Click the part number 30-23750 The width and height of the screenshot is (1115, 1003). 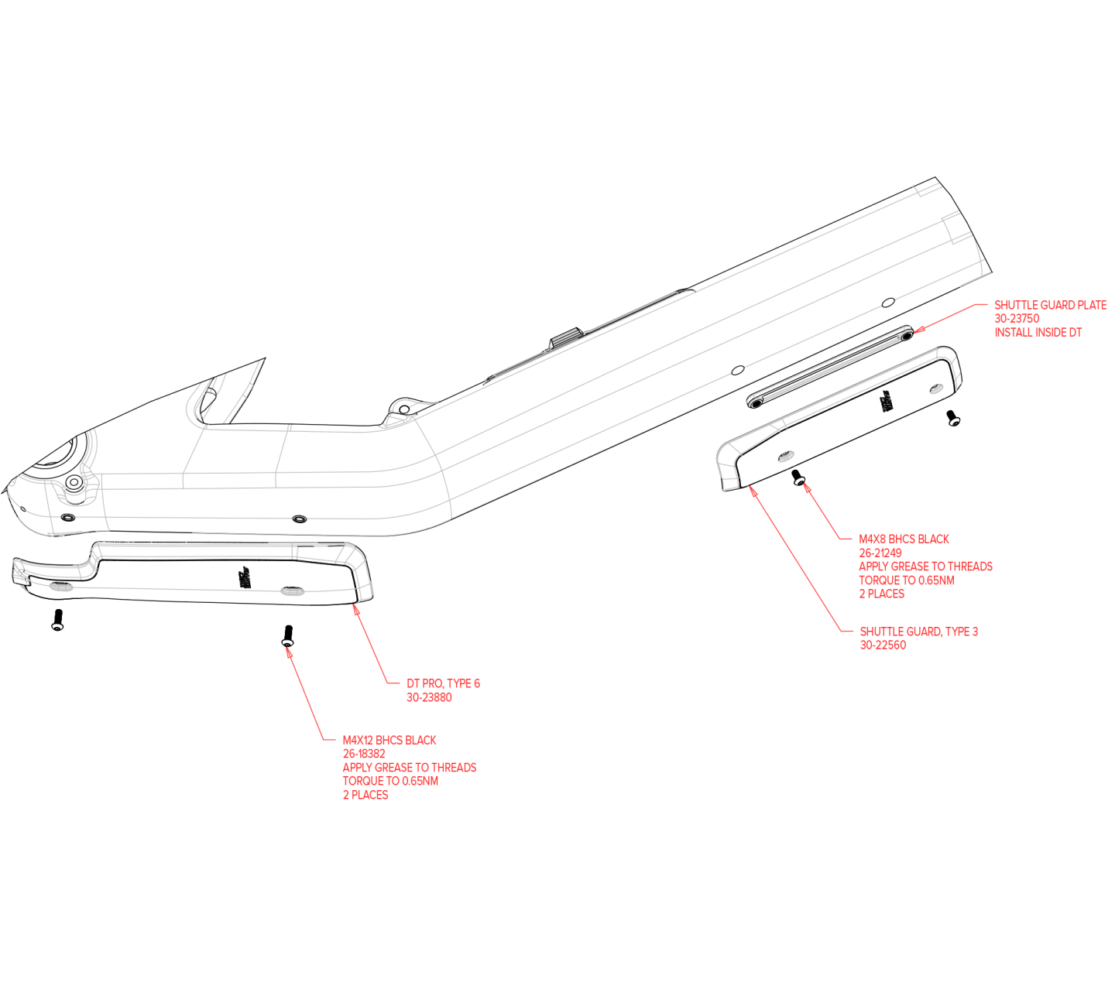click(1017, 319)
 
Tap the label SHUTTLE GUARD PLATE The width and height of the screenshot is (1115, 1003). click(1050, 305)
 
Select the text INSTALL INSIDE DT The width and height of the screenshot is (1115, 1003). click(1038, 333)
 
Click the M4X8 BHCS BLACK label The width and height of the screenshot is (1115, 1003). click(904, 539)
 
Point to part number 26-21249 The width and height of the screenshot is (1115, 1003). click(880, 553)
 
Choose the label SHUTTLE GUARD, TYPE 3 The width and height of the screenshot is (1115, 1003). click(919, 632)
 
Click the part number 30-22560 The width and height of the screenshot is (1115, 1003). click(883, 645)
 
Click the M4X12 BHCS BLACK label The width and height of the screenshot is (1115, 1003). click(389, 741)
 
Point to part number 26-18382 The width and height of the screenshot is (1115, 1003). click(363, 754)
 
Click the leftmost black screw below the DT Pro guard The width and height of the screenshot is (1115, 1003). click(57, 620)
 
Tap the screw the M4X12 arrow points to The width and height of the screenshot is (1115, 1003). click(287, 636)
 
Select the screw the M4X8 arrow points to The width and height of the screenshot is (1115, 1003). click(798, 478)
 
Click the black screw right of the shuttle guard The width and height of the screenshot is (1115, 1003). click(953, 419)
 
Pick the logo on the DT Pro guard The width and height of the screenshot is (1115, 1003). click(243, 578)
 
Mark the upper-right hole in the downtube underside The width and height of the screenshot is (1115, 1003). click(888, 303)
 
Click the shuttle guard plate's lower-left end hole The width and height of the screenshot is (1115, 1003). click(755, 403)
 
